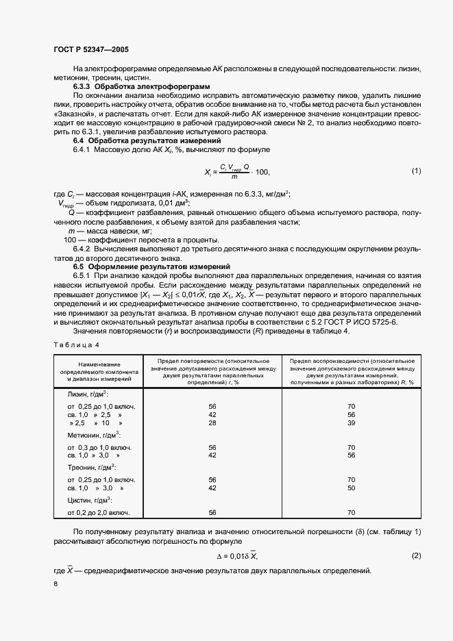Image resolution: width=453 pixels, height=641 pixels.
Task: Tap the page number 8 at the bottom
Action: [56, 583]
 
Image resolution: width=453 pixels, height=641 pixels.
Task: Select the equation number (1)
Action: [415, 170]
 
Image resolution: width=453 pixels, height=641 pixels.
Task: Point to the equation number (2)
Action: [415, 555]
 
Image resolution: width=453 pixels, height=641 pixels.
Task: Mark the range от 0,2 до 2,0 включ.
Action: [99, 512]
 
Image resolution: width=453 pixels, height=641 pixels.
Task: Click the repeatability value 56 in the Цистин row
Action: [212, 512]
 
